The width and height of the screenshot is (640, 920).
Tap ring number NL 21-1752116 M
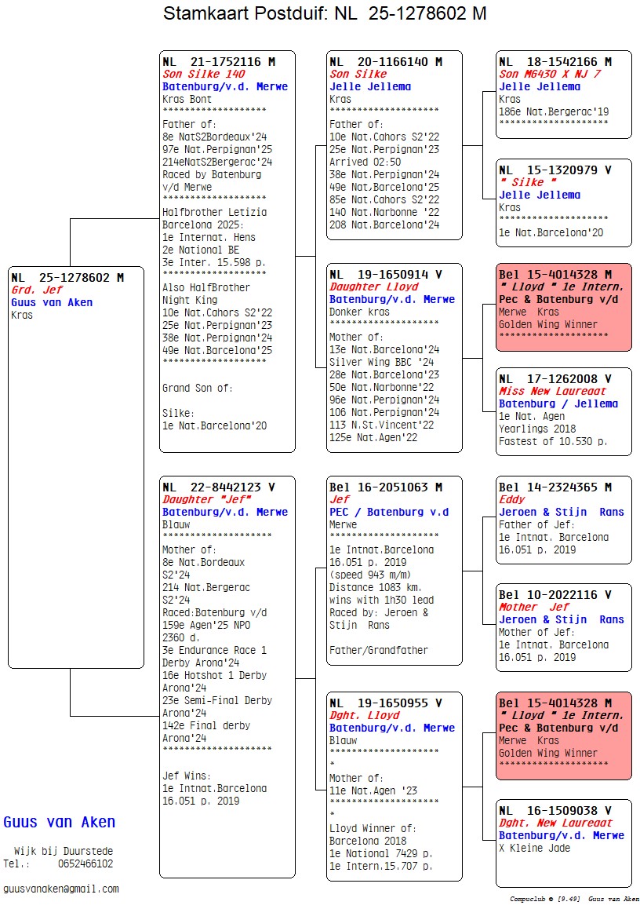pos(219,61)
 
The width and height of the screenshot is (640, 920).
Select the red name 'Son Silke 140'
pos(203,74)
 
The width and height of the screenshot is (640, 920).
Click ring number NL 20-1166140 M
pos(386,61)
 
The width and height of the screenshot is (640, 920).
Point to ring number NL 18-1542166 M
pos(555,61)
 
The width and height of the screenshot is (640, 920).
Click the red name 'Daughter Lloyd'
pos(368,287)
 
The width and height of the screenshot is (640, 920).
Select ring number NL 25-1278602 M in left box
pos(67,277)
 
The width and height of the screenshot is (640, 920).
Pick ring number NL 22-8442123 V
pos(219,487)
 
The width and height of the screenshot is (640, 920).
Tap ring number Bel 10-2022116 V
pos(555,594)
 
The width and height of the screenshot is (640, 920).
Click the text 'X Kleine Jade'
pos(534,848)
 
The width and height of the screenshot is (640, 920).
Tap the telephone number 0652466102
pos(85,863)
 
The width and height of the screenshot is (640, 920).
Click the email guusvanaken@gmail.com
pos(61,889)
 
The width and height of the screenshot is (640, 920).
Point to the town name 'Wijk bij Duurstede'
pos(63,851)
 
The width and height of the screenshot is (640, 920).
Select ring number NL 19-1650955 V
pos(386,703)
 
